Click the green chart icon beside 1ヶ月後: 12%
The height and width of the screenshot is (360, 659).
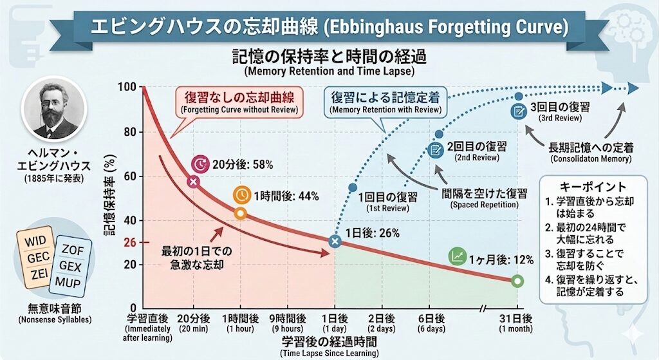point(457,256)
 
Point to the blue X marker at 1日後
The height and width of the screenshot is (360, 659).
point(335,242)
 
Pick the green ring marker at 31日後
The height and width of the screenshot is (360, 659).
point(517,281)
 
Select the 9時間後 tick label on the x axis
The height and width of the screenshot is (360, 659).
point(287,318)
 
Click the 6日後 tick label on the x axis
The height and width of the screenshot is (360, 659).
point(431,318)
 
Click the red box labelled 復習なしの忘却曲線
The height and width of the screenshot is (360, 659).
point(238,102)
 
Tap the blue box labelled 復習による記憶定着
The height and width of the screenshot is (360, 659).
point(385,102)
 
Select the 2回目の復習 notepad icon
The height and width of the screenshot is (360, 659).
point(436,150)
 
